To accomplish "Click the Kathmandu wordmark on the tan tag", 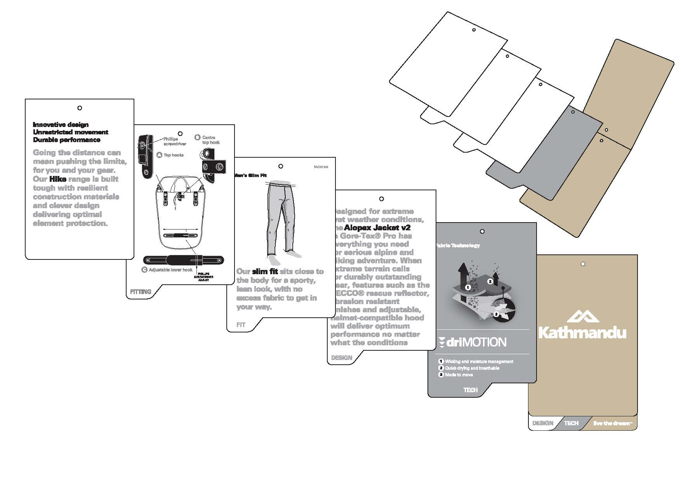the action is click(582, 333).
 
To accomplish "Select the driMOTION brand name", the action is click(476, 342).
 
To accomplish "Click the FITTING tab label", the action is click(141, 292).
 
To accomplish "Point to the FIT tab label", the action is click(241, 325).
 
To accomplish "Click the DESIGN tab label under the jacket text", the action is click(342, 358).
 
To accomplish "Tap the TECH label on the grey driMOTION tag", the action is click(471, 390).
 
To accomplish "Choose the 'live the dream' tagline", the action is click(613, 423).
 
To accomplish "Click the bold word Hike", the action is click(58, 179).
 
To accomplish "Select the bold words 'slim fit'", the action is click(265, 271).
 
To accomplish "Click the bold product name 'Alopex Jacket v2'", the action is click(377, 228).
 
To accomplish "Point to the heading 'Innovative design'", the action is click(61, 125).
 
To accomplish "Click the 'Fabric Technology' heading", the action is click(458, 245).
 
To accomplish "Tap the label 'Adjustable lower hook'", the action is click(170, 270).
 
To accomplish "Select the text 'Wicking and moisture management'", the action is click(479, 362).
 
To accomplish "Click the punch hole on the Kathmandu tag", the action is click(583, 264).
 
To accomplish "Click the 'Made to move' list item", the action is click(459, 375).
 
